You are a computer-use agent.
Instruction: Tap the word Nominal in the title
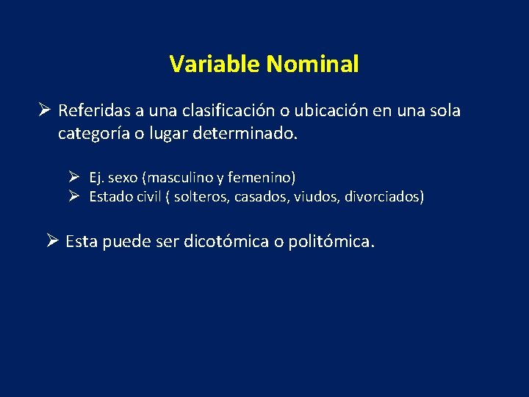[x=313, y=65]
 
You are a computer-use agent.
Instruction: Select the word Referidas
[x=95, y=111]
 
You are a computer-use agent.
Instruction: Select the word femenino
[x=262, y=177]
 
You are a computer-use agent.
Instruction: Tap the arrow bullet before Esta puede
[x=51, y=241]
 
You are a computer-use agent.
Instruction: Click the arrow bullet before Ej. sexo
[x=74, y=177]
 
